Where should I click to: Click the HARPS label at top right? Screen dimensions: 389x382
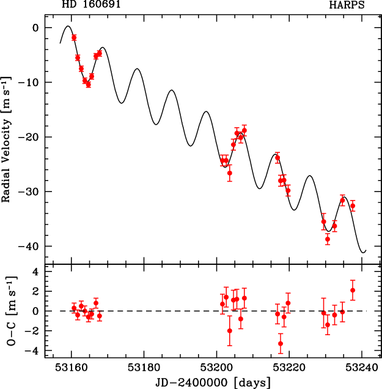tap(347, 6)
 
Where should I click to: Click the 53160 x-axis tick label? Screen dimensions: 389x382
tap(72, 368)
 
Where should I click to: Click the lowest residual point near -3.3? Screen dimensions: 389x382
tap(281, 344)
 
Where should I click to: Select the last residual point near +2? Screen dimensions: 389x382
tap(353, 290)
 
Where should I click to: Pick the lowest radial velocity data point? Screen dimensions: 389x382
tap(328, 239)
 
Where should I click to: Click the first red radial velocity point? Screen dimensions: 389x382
tap(74, 37)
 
